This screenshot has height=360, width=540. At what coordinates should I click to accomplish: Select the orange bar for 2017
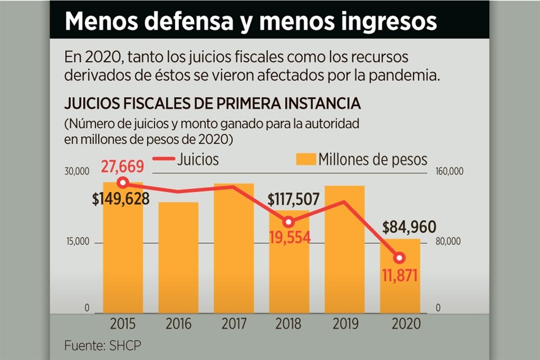coord(233,247)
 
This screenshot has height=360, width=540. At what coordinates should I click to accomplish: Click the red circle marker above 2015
coord(123,182)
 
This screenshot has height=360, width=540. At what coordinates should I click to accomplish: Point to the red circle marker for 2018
coord(289,222)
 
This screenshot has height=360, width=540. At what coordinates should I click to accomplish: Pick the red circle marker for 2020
coord(399,258)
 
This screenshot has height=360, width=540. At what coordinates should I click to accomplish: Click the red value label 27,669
coord(123,166)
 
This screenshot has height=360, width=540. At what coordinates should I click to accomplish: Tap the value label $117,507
coord(294,200)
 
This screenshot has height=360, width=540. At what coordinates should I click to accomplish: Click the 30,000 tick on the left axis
coord(76,172)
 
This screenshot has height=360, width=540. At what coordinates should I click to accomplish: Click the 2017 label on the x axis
coord(233,324)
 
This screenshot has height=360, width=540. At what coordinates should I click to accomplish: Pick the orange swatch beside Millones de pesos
coord(305,160)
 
